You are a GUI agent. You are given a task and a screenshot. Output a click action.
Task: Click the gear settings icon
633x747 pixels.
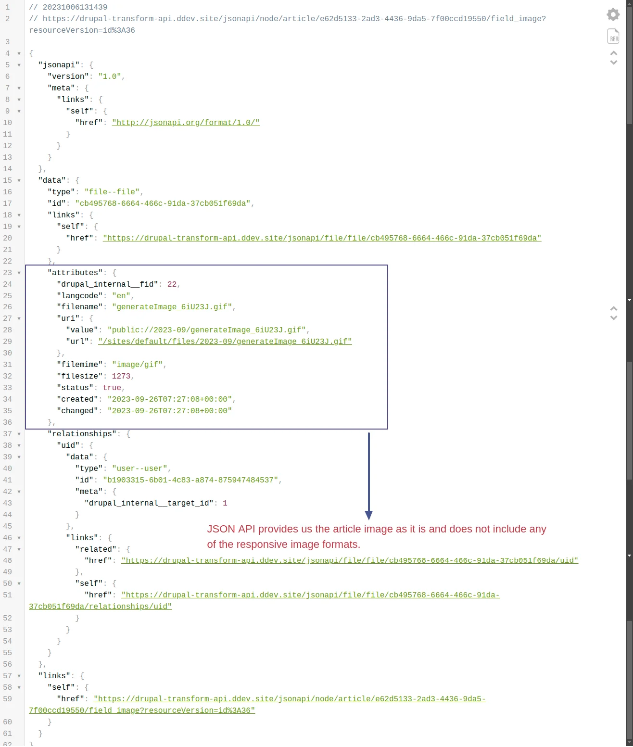[613, 14]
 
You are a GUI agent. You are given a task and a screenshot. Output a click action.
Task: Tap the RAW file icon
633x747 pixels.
[613, 36]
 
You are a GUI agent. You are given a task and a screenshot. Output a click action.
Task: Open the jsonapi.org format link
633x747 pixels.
[186, 123]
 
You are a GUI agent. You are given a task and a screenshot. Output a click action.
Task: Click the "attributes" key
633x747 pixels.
[75, 273]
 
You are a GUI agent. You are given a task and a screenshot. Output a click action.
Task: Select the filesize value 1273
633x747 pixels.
[121, 376]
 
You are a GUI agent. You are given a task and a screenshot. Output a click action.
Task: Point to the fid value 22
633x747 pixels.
[172, 284]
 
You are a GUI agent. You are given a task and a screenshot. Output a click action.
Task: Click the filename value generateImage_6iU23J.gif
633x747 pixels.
[172, 307]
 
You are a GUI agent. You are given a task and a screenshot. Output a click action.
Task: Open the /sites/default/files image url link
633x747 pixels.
[225, 342]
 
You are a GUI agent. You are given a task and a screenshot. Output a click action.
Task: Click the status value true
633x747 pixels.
[112, 387]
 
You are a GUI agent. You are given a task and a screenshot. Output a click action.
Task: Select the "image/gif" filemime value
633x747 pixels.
[137, 364]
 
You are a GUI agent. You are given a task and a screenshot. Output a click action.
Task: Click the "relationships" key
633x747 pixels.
[82, 434]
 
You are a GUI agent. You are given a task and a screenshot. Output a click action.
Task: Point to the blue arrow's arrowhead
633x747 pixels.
[368, 515]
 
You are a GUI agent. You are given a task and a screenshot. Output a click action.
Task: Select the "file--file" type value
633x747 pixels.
[112, 192]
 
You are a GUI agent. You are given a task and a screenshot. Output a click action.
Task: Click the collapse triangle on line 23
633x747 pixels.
[19, 273]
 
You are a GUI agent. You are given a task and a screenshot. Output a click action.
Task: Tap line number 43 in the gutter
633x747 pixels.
[8, 503]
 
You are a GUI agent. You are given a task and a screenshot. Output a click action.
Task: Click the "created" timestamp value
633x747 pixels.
[169, 399]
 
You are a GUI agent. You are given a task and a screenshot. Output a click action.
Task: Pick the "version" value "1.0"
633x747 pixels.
[110, 76]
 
